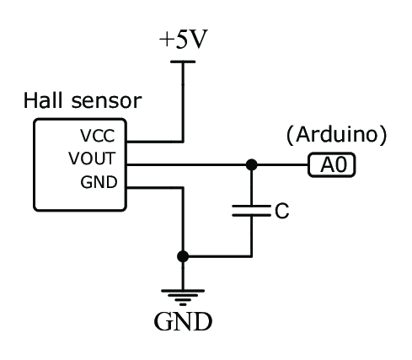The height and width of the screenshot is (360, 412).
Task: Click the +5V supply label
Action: [183, 39]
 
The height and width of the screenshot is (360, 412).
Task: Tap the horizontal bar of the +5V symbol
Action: [183, 62]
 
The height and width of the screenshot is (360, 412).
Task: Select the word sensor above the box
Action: [106, 101]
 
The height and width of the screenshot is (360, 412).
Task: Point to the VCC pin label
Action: [98, 136]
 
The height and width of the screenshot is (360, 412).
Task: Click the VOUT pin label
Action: [92, 159]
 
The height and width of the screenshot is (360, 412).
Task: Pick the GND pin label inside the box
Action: [99, 182]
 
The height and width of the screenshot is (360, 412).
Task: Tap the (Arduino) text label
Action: [336, 135]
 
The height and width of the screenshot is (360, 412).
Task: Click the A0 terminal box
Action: [332, 165]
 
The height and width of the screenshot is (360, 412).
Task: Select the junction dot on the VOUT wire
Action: [251, 164]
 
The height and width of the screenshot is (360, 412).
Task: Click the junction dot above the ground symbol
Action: [183, 256]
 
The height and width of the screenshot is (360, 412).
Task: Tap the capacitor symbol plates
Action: [251, 211]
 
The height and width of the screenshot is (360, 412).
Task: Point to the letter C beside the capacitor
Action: [282, 211]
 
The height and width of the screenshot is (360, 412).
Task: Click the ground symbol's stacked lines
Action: [183, 298]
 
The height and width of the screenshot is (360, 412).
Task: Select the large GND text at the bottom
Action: [183, 321]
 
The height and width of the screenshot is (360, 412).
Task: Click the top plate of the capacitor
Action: [251, 207]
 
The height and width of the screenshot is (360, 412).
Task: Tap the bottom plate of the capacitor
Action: [251, 215]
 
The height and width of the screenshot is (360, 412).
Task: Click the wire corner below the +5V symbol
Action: [183, 142]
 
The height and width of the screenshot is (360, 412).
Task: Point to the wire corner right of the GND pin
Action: [183, 187]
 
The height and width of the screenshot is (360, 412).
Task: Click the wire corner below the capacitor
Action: [251, 256]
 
